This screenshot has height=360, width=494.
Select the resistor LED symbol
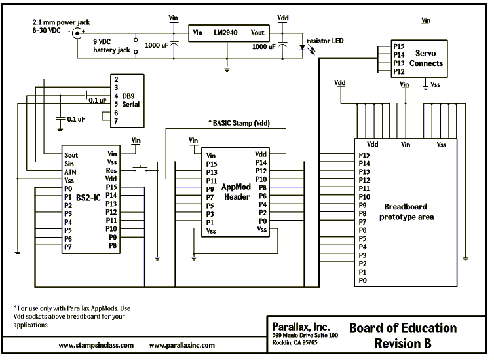[x=302, y=47]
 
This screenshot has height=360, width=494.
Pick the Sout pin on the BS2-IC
[x=71, y=156]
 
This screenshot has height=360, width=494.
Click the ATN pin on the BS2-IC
[x=70, y=171]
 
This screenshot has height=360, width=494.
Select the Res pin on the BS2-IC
[x=111, y=170]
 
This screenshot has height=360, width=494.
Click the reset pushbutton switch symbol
[x=141, y=170]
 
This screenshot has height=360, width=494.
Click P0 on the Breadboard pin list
[x=363, y=280]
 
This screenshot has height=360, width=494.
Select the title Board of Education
[x=402, y=327]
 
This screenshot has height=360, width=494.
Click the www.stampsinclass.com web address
[x=96, y=344]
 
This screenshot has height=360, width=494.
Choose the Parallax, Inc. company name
[x=301, y=326]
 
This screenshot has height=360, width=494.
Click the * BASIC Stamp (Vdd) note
[x=238, y=122]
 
